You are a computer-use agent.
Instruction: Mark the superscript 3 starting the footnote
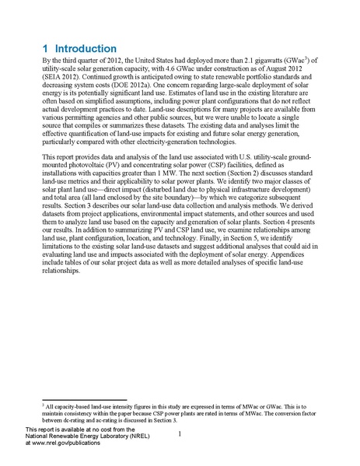(x=44, y=405)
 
